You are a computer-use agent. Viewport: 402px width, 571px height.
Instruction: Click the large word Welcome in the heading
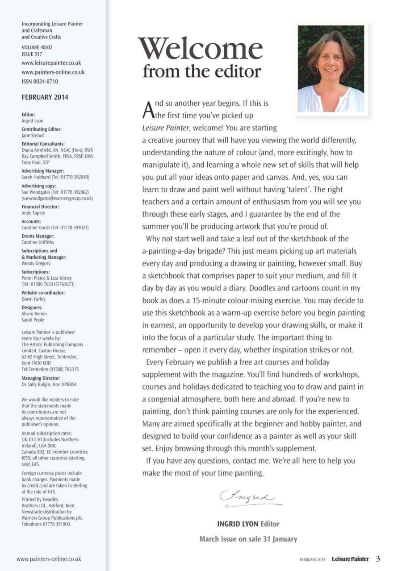coord(200,49)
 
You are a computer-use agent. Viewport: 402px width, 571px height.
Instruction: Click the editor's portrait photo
coord(331,68)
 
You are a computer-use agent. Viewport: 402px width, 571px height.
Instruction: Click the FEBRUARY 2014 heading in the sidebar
coord(45,97)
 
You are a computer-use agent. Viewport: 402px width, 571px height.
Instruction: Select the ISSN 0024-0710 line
coord(40,82)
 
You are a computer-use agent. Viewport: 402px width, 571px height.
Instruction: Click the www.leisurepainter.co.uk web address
coord(51,63)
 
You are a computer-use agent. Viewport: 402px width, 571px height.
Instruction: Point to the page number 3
coord(378,559)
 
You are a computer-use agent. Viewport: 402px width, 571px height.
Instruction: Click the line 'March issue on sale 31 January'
coord(248,539)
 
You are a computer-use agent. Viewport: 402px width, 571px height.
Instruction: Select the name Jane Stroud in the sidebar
coord(33,135)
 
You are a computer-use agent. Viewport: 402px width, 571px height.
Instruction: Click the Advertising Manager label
coord(43,171)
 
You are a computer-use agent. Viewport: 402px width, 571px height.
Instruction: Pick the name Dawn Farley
coord(33,299)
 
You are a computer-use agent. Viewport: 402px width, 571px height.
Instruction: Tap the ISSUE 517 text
coord(32,54)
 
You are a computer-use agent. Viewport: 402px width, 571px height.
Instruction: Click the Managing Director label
coord(41,378)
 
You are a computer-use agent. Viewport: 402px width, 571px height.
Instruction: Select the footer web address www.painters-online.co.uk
coord(49,559)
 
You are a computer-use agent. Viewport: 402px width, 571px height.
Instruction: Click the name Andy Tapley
coord(33,213)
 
